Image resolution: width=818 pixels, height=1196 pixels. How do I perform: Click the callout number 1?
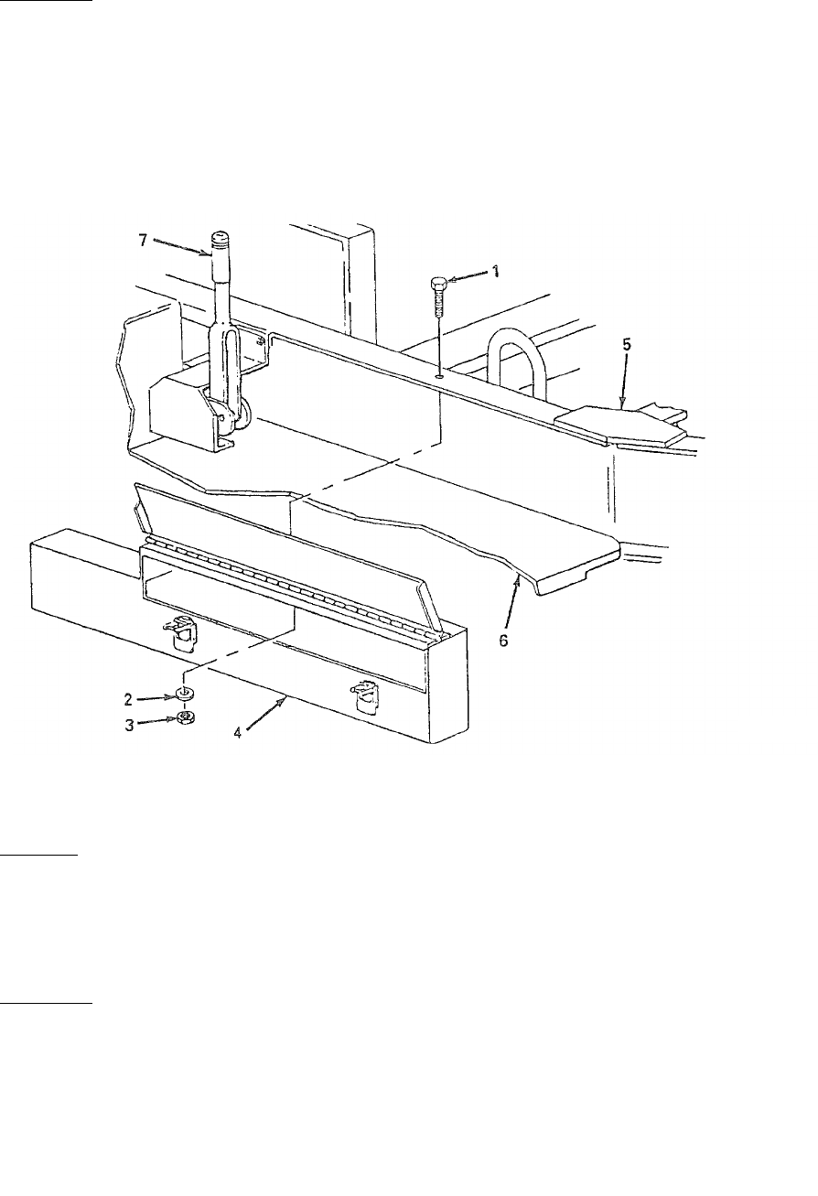coord(496,271)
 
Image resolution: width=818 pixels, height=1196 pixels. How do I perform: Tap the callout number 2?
coord(130,698)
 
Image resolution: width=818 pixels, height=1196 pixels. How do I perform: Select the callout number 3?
coord(130,724)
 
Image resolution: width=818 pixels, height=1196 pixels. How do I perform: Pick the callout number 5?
coord(626,347)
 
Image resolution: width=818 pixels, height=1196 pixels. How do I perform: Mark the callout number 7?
coord(141,240)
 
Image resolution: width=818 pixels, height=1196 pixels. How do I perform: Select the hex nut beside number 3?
coord(184,717)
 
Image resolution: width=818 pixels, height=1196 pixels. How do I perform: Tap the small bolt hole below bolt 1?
coord(441,372)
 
